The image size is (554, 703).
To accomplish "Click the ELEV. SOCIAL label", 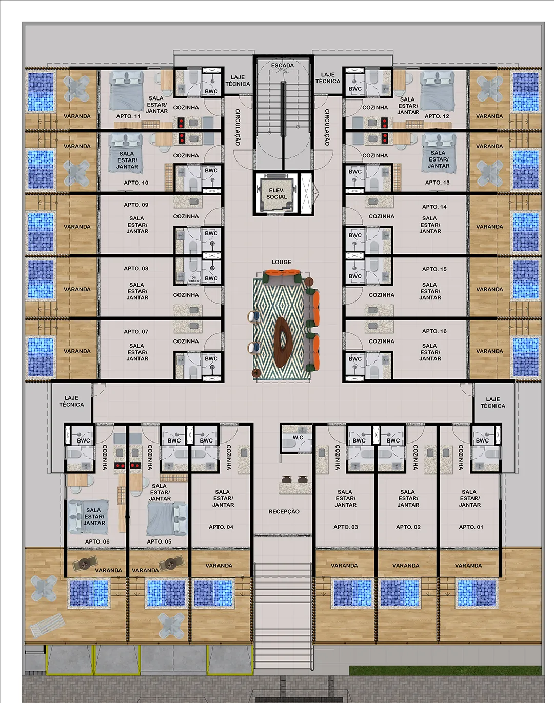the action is [x=276, y=193].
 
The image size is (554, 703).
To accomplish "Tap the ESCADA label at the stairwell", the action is [x=283, y=65].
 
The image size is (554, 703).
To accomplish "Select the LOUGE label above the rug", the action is [x=282, y=262].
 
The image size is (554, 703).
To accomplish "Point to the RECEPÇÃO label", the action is [x=284, y=511].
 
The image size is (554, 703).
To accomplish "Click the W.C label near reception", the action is [x=298, y=437].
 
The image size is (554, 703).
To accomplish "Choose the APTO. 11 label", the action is [x=128, y=116].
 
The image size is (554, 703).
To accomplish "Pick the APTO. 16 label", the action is [x=434, y=331].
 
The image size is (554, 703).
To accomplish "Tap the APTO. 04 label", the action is [x=221, y=527].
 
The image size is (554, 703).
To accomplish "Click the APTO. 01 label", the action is [x=471, y=527].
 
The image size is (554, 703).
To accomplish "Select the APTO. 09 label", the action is [x=136, y=205].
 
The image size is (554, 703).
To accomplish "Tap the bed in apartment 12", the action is [x=438, y=91].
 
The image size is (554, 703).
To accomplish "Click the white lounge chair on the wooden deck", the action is [x=47, y=625].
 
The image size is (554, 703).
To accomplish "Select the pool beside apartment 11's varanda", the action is [x=41, y=92].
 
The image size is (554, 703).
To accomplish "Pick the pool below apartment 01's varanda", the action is [x=477, y=593].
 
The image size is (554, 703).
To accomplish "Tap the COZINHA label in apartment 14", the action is [x=382, y=216].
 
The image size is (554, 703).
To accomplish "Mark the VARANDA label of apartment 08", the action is [x=77, y=289].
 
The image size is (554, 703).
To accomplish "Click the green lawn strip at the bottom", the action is [x=445, y=670].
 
